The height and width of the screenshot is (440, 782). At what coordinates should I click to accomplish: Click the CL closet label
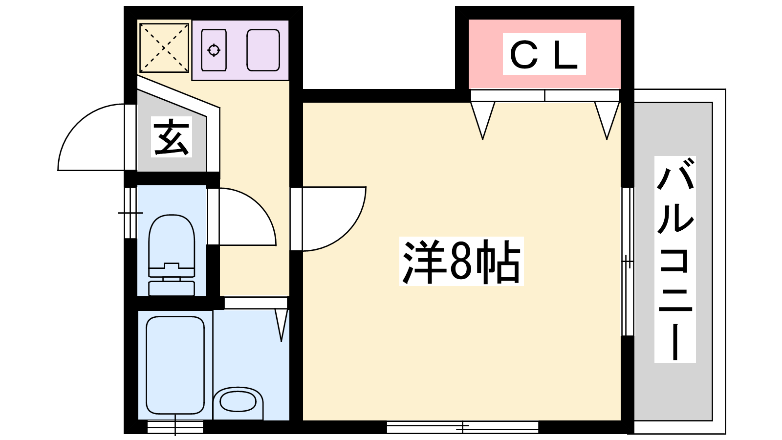(544, 54)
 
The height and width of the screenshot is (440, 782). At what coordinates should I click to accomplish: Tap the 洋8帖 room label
(461, 262)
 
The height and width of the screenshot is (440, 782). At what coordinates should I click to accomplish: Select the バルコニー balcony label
(675, 260)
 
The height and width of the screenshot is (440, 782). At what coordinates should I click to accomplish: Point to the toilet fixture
(171, 254)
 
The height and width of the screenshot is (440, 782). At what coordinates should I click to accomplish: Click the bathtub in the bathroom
(175, 365)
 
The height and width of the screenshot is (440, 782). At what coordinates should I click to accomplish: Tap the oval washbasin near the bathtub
(238, 402)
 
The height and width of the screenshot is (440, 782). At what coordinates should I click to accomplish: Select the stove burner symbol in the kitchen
(214, 50)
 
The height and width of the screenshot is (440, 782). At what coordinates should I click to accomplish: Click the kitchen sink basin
(263, 50)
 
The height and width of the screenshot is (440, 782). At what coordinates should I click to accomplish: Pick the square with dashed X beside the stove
(164, 47)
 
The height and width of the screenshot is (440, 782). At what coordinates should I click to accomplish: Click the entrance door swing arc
(90, 139)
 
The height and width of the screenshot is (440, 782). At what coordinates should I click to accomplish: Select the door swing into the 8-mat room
(332, 219)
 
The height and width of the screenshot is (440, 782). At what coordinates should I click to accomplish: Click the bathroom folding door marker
(281, 323)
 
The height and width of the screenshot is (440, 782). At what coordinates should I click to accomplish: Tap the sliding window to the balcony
(628, 262)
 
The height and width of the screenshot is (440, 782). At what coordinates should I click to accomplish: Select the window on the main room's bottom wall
(462, 427)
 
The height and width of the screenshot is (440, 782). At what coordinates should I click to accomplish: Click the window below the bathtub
(175, 427)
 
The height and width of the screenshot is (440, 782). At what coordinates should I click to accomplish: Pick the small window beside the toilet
(130, 213)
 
